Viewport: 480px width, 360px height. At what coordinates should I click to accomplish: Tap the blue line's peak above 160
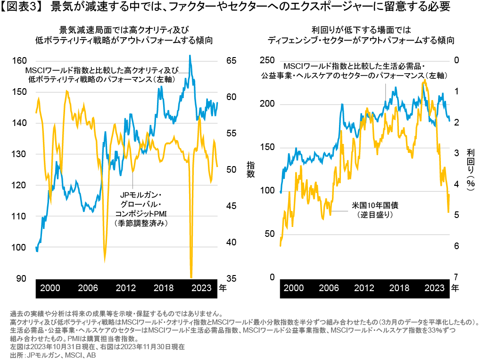click(190, 56)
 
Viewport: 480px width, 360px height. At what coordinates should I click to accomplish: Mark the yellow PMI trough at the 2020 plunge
click(191, 277)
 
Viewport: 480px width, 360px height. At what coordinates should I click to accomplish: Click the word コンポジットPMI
click(141, 215)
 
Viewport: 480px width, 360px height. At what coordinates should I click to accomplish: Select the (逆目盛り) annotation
click(375, 215)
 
